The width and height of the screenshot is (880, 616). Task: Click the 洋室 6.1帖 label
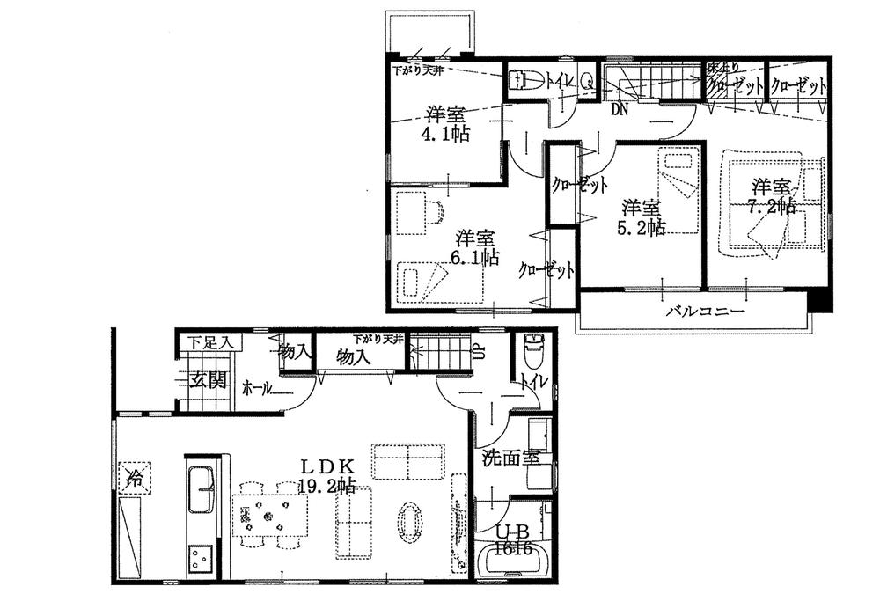coord(477,247)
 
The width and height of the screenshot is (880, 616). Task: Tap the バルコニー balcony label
coord(705,312)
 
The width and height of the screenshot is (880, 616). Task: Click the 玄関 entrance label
coord(209,380)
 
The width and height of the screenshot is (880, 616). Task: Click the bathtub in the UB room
coord(513,563)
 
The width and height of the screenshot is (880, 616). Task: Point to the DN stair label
coord(620,109)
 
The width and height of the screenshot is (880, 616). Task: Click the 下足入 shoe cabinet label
coord(208,342)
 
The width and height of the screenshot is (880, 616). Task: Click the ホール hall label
coord(256,385)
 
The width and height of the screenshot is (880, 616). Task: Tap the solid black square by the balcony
coord(820,301)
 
